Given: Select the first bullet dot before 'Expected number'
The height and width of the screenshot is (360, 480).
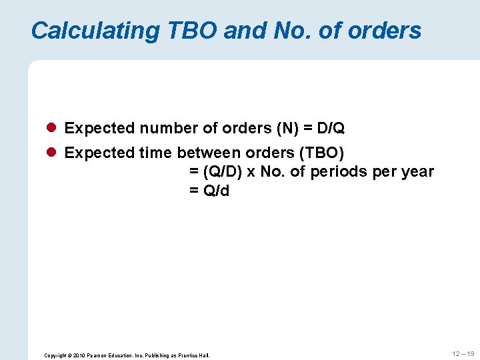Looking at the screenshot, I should [52, 127].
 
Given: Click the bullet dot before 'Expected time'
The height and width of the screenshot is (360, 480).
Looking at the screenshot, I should [52, 153].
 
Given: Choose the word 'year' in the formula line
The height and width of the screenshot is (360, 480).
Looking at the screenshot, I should [417, 172].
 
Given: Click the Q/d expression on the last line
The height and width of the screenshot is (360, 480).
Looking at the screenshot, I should [216, 191].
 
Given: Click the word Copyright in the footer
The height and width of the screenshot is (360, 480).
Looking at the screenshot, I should [55, 355].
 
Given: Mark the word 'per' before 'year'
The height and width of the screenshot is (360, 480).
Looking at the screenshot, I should [385, 172].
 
